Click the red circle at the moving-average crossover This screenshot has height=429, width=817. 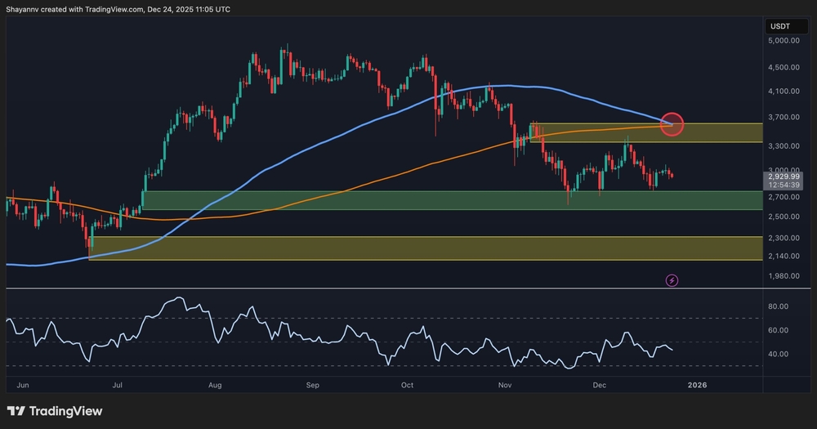[x=671, y=124]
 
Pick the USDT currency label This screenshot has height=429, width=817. [x=779, y=27]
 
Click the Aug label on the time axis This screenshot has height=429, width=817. [x=216, y=383]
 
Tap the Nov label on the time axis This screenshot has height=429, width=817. [x=505, y=383]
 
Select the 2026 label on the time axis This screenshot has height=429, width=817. [x=697, y=383]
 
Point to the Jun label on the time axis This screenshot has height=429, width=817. [x=23, y=383]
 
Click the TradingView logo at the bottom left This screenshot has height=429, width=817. [x=56, y=410]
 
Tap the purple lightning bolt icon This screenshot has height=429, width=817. [x=672, y=280]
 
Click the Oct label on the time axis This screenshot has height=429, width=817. [x=408, y=383]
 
